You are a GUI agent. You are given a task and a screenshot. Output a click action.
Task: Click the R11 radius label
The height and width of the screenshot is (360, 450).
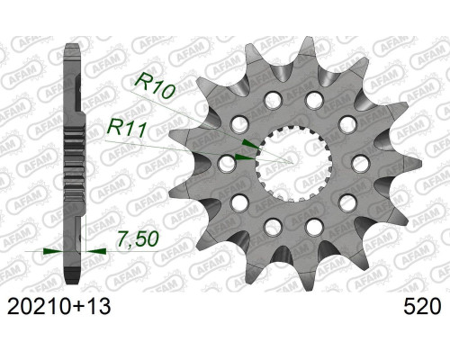tap(127, 128)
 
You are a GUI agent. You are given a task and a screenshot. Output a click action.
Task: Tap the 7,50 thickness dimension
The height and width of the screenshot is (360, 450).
tap(138, 239)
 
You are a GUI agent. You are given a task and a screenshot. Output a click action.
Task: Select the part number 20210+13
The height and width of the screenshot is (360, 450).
tap(58, 307)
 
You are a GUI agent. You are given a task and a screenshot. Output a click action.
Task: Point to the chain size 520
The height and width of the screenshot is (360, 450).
tap(422, 307)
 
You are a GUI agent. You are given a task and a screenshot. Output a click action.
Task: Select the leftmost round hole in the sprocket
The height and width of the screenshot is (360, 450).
tap(227, 164)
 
